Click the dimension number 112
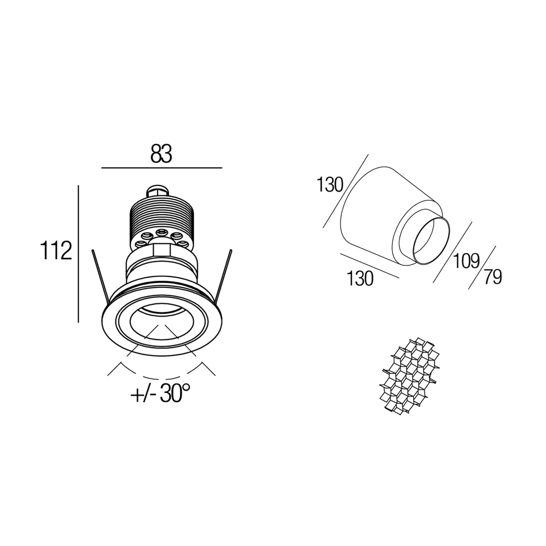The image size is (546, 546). pyautogui.click(x=56, y=250)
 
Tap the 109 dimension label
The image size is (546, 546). pyautogui.click(x=466, y=261)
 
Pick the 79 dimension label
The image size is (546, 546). pyautogui.click(x=492, y=277)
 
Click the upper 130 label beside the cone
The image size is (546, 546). pyautogui.click(x=330, y=184)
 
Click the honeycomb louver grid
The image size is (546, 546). pyautogui.click(x=409, y=375)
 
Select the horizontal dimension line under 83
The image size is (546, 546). pyautogui.click(x=162, y=168)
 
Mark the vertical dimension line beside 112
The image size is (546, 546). pyautogui.click(x=79, y=253)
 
